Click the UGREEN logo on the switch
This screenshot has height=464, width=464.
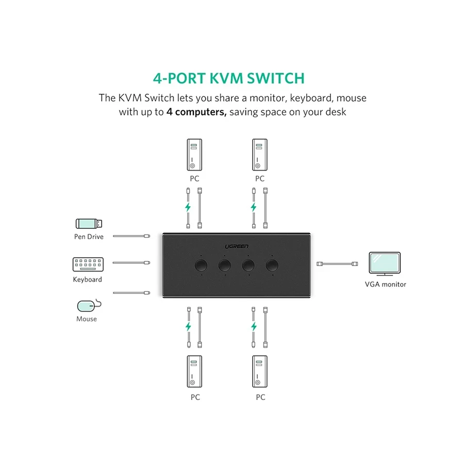pyautogui.click(x=237, y=246)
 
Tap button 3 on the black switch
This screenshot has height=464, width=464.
pyautogui.click(x=248, y=266)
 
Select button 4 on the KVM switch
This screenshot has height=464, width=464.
pyautogui.click(x=272, y=266)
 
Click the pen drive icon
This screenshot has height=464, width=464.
pyautogui.click(x=89, y=223)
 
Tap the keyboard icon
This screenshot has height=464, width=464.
pyautogui.click(x=88, y=264)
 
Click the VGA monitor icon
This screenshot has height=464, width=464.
pyautogui.click(x=385, y=263)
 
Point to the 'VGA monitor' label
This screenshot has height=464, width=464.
pyautogui.click(x=385, y=285)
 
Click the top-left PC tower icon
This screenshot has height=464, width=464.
pyautogui.click(x=194, y=155)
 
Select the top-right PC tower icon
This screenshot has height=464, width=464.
pyautogui.click(x=260, y=155)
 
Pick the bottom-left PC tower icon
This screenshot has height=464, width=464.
pyautogui.click(x=194, y=371)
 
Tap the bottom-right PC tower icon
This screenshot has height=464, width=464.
pyautogui.click(x=260, y=371)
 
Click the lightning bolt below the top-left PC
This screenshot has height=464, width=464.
pyautogui.click(x=188, y=207)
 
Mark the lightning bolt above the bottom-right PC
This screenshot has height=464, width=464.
pyautogui.click(x=254, y=326)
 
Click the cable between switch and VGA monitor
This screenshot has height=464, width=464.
pyautogui.click(x=337, y=263)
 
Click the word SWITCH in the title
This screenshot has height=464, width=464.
pyautogui.click(x=275, y=78)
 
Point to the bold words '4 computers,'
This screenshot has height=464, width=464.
pyautogui.click(x=196, y=112)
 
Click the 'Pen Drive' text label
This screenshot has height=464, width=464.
pyautogui.click(x=89, y=237)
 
